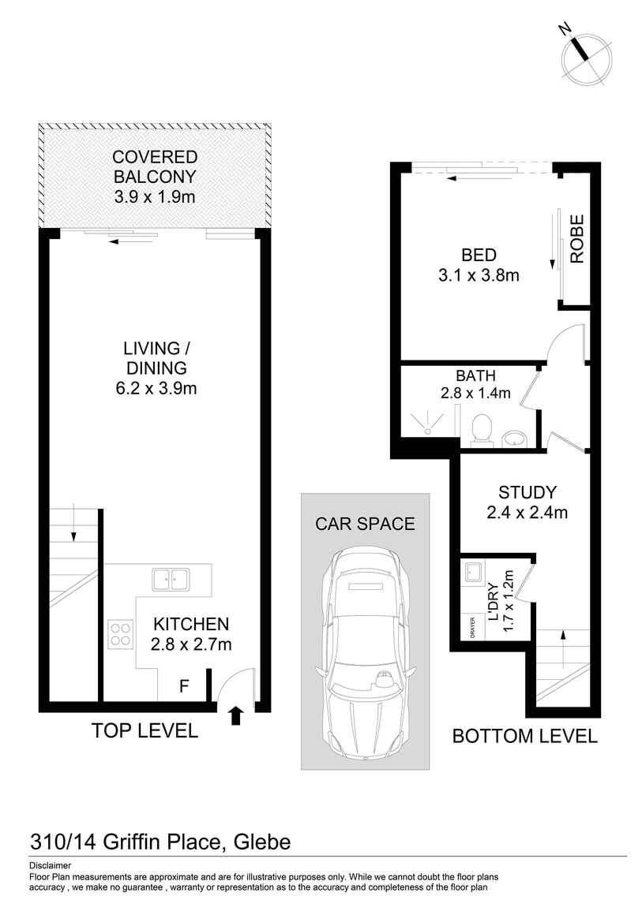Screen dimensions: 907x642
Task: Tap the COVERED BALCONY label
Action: click(x=155, y=166)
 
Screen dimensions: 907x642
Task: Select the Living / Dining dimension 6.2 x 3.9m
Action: click(x=155, y=388)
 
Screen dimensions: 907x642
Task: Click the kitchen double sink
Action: click(x=170, y=578)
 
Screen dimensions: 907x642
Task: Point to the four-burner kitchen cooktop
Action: click(x=121, y=634)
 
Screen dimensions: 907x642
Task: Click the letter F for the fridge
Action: click(x=183, y=687)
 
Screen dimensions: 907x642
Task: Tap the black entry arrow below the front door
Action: click(x=235, y=715)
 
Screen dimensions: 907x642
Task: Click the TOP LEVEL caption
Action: click(x=145, y=731)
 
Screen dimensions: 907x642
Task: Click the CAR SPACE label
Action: click(x=365, y=524)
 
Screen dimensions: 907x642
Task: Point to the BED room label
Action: click(x=479, y=256)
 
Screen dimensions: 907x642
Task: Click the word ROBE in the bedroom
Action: click(x=577, y=239)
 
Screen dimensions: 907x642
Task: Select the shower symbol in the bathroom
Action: click(x=426, y=423)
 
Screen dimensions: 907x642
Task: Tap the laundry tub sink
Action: click(x=474, y=571)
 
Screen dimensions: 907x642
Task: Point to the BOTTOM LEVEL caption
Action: click(x=524, y=737)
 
